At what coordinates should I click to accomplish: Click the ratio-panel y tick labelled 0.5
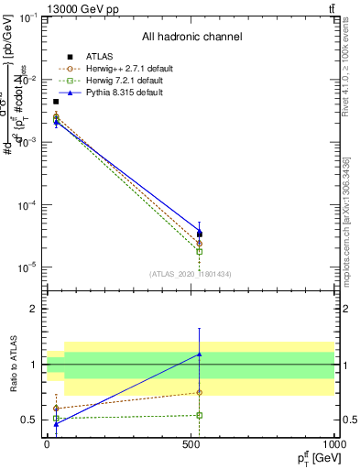tap(30, 420)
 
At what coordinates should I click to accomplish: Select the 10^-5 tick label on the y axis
tap(27, 267)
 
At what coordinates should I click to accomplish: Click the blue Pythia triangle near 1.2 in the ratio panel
tap(199, 354)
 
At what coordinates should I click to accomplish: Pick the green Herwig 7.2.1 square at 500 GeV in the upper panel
tap(199, 252)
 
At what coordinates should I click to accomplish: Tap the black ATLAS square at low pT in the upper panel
tap(56, 102)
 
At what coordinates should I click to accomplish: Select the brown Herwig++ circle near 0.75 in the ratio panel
tap(199, 393)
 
